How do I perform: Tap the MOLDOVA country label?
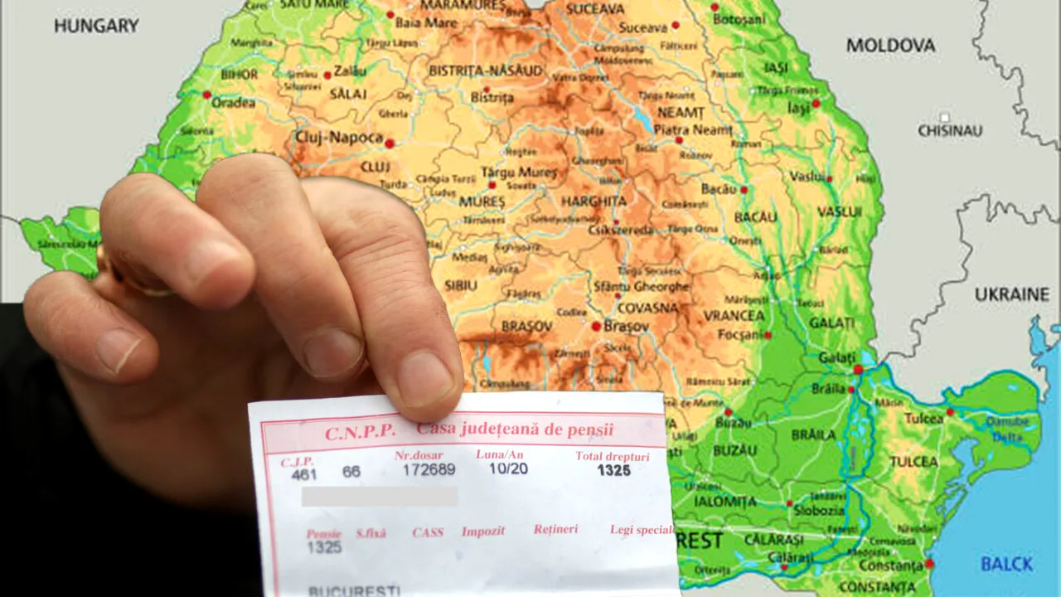pyautogui.click(x=890, y=46)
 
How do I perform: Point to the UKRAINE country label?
pyautogui.click(x=1011, y=294)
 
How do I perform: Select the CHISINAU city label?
pyautogui.click(x=950, y=131)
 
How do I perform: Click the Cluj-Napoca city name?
pyautogui.click(x=339, y=138)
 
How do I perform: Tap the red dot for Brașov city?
pyautogui.click(x=595, y=327)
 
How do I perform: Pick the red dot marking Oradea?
pyautogui.click(x=206, y=95)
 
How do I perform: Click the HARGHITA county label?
pyautogui.click(x=593, y=201)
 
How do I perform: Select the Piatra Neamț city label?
pyautogui.click(x=693, y=130)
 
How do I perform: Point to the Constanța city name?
pyautogui.click(x=889, y=565)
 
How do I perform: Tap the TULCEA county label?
pyautogui.click(x=914, y=462)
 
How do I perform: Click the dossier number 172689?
pyautogui.click(x=429, y=470)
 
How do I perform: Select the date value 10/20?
pyautogui.click(x=508, y=468)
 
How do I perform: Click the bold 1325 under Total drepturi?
pyautogui.click(x=613, y=471)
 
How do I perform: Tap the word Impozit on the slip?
pyautogui.click(x=483, y=531)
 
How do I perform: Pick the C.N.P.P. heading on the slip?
pyautogui.click(x=360, y=433)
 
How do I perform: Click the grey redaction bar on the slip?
pyautogui.click(x=379, y=497)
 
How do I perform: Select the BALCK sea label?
pyautogui.click(x=1006, y=565)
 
